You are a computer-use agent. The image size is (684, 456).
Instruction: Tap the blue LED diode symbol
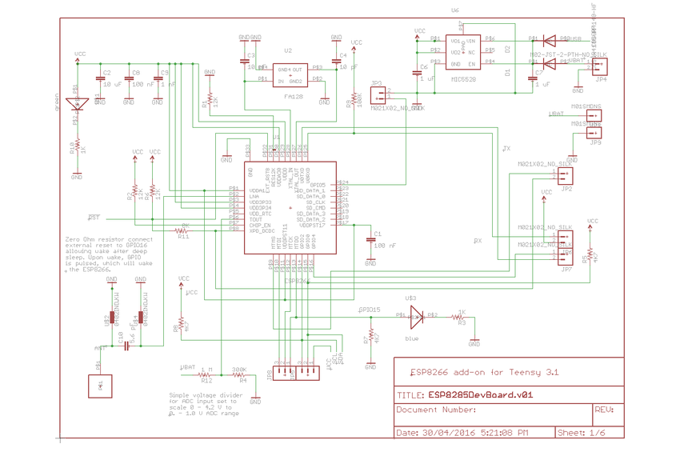tap(414, 316)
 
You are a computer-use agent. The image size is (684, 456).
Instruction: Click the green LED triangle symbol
tap(78, 103)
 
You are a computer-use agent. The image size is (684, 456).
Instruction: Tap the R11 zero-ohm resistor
tap(183, 230)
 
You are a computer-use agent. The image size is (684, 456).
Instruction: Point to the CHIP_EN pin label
tap(260, 225)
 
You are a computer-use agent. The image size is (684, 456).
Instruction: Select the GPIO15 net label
tap(370, 309)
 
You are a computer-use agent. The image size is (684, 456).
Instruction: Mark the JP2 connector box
tap(565, 175)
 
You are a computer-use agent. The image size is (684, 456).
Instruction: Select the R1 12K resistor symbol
tap(210, 101)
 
